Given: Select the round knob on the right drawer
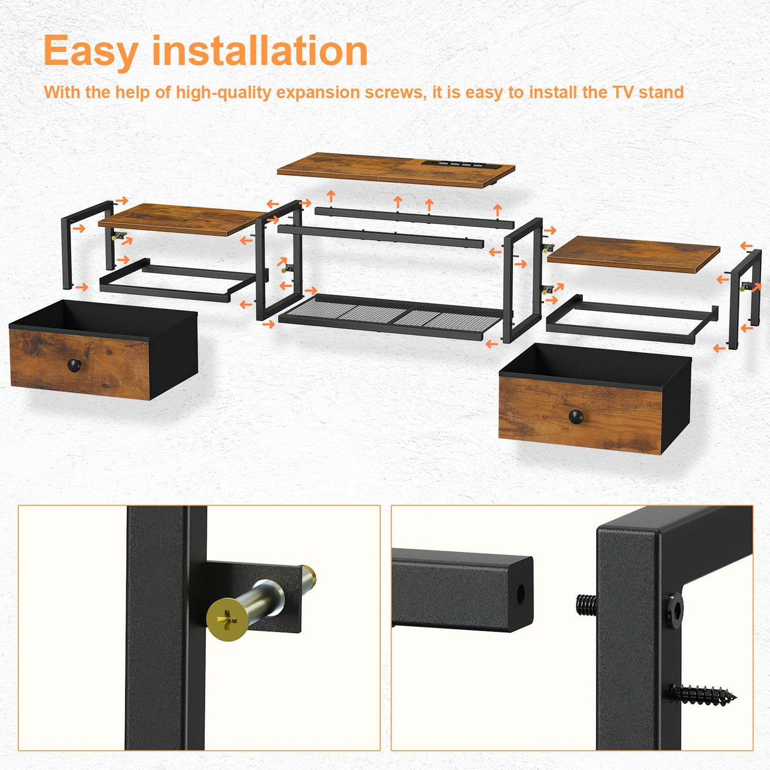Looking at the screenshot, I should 575,417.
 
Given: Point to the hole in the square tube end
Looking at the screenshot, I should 521,594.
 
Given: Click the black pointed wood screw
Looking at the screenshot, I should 701,695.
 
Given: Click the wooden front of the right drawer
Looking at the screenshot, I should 580,415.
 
